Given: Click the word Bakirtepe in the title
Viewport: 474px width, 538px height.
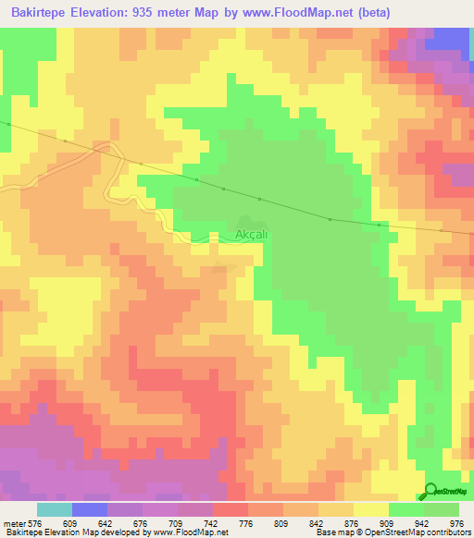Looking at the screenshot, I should click(42, 13).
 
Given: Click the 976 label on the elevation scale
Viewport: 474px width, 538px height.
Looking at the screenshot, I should click(455, 524).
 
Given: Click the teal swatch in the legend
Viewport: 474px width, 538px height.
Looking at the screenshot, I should click(54, 509).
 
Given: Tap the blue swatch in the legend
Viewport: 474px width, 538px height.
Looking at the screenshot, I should click(89, 509).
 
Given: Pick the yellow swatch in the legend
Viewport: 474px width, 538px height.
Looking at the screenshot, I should click(370, 509).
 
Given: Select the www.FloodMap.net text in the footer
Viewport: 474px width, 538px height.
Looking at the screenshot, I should click(193, 533).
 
